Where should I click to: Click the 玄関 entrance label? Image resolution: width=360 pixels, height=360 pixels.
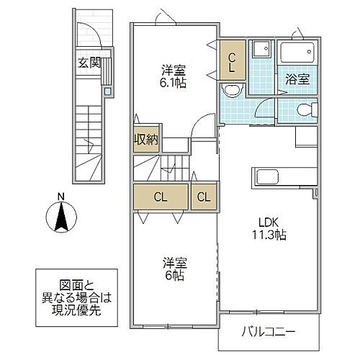89,63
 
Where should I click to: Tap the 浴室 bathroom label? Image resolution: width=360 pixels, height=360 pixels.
297,80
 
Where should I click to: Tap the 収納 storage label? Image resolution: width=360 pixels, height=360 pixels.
143,139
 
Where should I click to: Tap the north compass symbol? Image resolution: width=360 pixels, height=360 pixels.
62,216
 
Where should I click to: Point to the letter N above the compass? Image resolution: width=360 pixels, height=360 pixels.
62,197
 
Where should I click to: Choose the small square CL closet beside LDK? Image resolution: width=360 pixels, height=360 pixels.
203,197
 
